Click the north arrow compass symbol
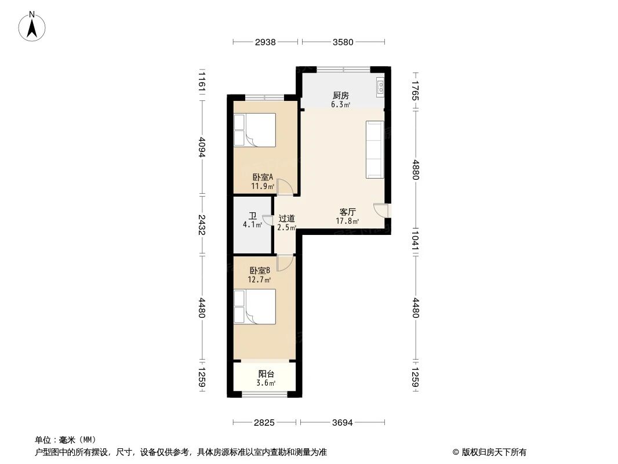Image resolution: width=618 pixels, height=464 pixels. coord(33,26)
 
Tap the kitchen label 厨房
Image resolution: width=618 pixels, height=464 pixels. coord(340,96)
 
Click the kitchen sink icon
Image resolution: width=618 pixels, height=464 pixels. coord(381,86)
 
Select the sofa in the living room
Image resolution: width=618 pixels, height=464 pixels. coord(375,150)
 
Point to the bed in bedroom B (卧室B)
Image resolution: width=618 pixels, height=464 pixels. coord(255,306)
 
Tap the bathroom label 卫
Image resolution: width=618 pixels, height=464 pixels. coord(253,216)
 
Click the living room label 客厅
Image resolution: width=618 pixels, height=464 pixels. coord(347,212)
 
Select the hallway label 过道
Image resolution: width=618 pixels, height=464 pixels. coord(286,219)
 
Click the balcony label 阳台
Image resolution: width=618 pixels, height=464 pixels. coord(266,374)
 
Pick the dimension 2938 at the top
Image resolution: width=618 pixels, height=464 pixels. coord(265,42)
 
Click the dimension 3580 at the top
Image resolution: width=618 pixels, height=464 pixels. coord(343,42)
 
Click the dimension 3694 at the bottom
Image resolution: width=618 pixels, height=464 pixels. coord(343,422)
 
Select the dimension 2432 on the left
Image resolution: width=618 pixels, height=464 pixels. coord(202,226)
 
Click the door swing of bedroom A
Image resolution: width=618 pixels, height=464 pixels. coord(284,187)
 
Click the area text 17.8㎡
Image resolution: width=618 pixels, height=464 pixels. coord(347,221)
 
